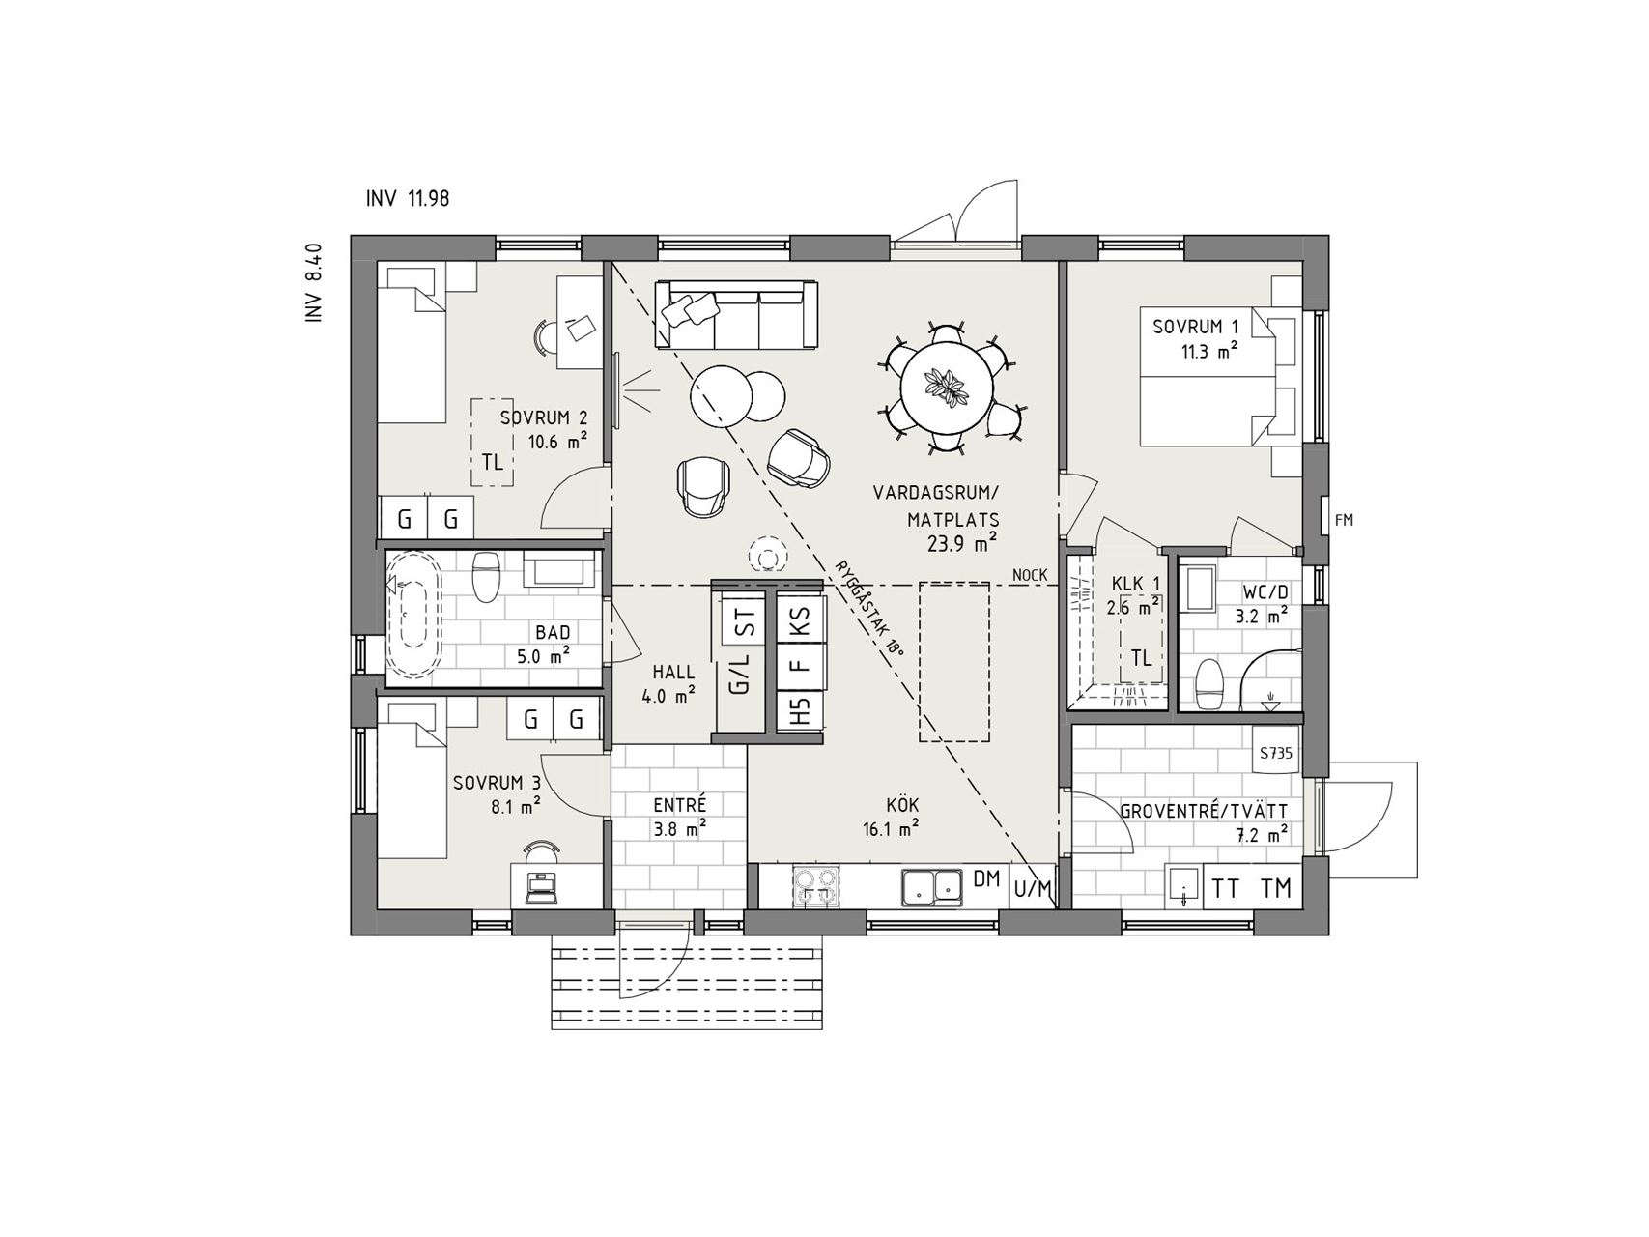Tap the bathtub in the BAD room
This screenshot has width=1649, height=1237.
click(414, 613)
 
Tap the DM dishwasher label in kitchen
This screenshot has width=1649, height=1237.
click(986, 879)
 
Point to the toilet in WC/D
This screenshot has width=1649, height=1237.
click(1208, 683)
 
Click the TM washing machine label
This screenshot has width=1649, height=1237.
click(1276, 888)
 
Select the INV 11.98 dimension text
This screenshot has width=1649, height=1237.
click(408, 199)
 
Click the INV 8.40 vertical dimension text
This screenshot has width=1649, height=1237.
click(313, 282)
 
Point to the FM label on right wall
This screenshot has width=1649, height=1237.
click(1344, 520)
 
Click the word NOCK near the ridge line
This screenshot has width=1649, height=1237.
click(1030, 576)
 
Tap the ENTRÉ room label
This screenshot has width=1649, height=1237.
click(680, 804)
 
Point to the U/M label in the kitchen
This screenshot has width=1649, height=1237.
click(1032, 888)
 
